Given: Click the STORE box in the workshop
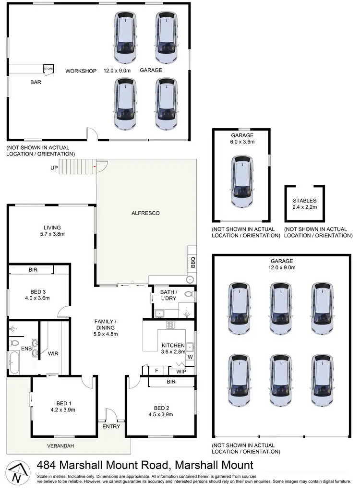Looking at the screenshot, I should pos(48,70).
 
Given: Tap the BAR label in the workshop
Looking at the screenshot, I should pos(36,82).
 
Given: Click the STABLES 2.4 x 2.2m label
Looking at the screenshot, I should pos(305,204).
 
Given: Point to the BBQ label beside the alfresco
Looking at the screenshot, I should pos(192,263).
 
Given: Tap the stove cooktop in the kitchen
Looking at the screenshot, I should pos(170,325).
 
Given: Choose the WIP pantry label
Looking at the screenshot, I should pos(181,371).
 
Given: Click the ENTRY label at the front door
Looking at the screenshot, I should pos(111,426).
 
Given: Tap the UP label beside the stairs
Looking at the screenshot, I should pos(54,168).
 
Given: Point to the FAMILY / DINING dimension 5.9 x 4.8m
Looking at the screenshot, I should pos(105,334).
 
